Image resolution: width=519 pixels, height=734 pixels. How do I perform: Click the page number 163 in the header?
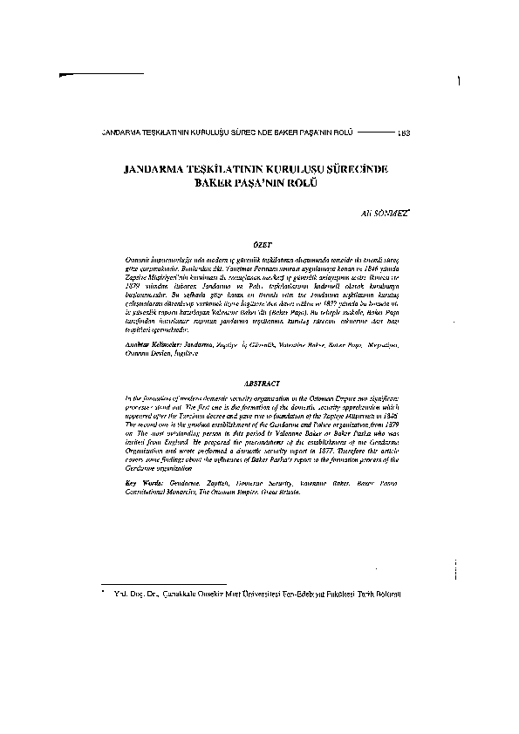(404, 133)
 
